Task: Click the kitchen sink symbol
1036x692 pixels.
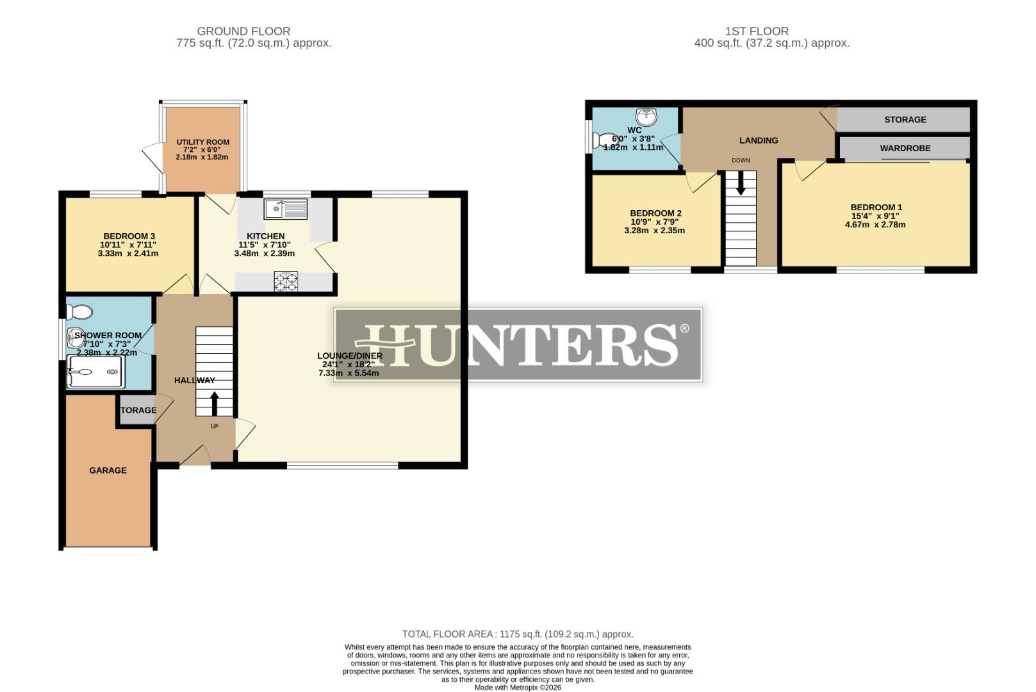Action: [x=286, y=208]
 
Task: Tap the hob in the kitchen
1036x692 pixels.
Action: [x=286, y=282]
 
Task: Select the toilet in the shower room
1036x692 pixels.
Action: [x=79, y=312]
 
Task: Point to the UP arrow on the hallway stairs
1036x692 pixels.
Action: [x=214, y=404]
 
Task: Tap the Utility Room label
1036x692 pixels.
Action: [x=203, y=142]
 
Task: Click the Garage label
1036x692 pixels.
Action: [x=108, y=470]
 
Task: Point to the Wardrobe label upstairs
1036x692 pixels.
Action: [x=905, y=148]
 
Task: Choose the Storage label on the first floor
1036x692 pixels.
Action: [x=905, y=120]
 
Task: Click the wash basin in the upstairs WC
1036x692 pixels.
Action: [x=646, y=117]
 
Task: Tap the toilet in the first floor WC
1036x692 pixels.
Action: [x=603, y=140]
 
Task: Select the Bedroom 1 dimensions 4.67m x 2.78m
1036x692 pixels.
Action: [x=875, y=225]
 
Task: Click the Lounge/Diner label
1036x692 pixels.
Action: [x=350, y=356]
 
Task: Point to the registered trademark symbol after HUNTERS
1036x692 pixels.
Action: [x=684, y=329]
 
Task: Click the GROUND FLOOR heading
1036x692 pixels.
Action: [x=243, y=31]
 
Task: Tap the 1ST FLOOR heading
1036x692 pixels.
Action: [x=757, y=31]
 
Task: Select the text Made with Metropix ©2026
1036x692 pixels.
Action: [x=518, y=688]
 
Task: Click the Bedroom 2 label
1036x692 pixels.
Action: [x=655, y=213]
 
